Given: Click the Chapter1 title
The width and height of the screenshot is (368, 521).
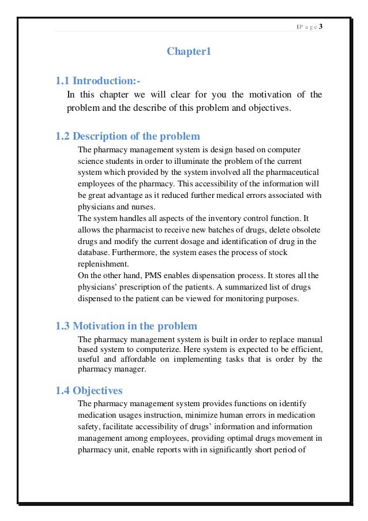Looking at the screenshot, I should [189, 52].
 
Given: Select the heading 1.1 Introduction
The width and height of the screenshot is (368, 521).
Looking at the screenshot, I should [98, 81].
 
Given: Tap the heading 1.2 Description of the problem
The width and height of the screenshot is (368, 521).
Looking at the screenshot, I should [127, 136].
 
